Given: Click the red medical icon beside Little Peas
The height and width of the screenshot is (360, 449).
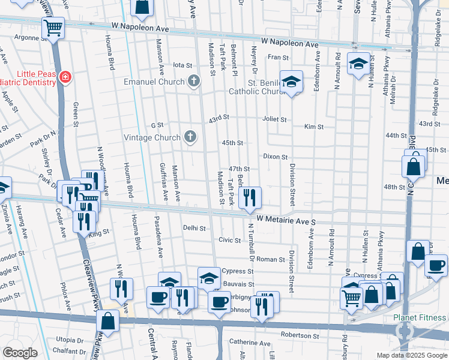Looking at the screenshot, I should click(65, 77).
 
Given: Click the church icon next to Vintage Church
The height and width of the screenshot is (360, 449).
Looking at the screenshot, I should click(190, 137).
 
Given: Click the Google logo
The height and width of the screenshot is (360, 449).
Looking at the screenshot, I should click(20, 353).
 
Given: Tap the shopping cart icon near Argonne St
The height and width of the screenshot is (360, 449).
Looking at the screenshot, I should click(53, 27).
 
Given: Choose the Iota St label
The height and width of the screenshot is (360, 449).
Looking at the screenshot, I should click(182, 65).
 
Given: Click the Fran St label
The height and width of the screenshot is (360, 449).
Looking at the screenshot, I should click(279, 58).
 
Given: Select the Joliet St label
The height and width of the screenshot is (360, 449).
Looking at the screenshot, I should click(274, 119).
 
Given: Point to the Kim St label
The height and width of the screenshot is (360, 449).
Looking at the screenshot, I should click(314, 127).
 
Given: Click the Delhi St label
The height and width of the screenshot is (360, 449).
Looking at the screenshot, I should click(194, 229).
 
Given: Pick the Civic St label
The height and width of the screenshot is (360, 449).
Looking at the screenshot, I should click(229, 240).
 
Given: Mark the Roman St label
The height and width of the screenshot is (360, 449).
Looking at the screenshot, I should click(274, 259).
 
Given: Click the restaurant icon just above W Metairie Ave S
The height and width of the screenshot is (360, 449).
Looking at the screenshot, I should click(250, 197).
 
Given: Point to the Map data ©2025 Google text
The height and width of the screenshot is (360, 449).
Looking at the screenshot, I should click(411, 355).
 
